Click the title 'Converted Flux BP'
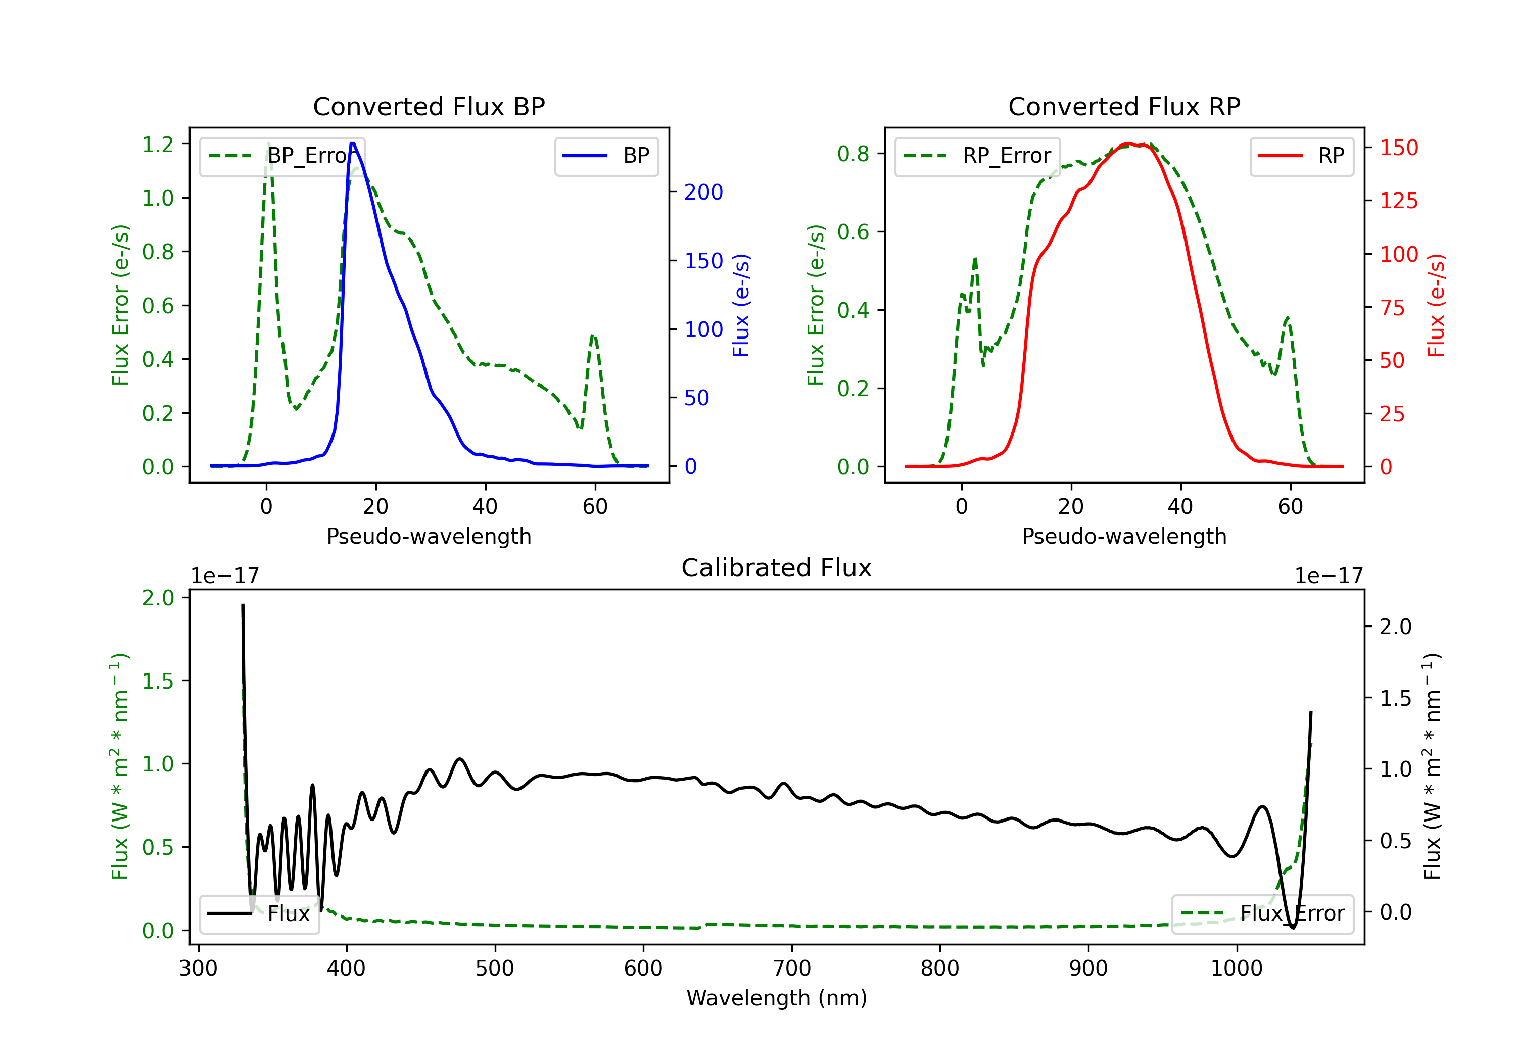[429, 106]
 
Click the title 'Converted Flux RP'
[1124, 106]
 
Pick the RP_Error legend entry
[978, 156]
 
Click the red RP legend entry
[1301, 156]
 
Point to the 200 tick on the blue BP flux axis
[703, 192]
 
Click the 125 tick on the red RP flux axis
[1398, 201]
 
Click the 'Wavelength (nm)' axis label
[777, 998]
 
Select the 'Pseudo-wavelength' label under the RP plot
[1124, 536]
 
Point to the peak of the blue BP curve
[353, 143]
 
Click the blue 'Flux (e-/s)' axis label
[741, 305]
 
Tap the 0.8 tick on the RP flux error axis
[853, 154]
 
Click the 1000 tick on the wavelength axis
[1236, 968]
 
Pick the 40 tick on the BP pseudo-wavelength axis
[485, 506]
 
